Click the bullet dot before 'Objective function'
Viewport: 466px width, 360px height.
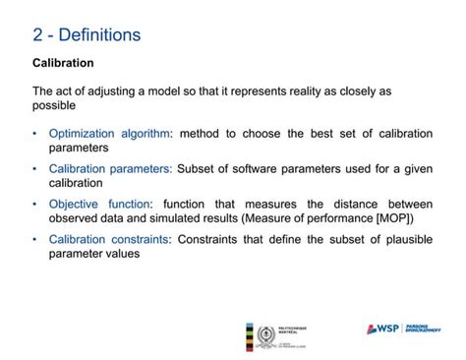click(35, 205)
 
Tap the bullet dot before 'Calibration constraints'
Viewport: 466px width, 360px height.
click(35, 240)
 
